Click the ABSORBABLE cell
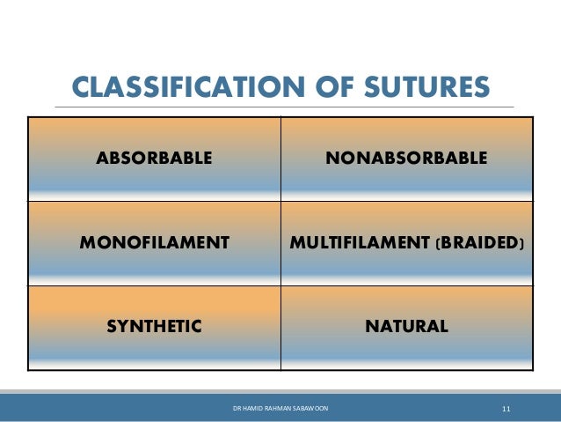click(x=154, y=159)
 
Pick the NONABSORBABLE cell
click(x=405, y=159)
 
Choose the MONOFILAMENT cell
click(x=154, y=241)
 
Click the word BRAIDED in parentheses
click(x=477, y=241)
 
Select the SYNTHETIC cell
click(x=154, y=326)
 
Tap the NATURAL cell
click(x=406, y=326)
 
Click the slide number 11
click(x=506, y=410)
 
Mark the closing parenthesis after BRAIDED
click(x=521, y=241)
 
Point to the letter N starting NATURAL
click(x=370, y=326)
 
